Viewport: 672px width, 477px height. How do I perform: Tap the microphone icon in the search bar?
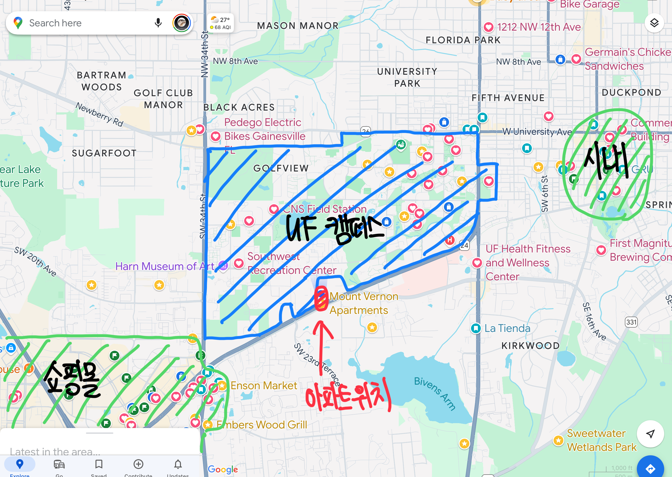click(x=158, y=23)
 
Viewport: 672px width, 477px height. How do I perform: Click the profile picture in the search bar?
click(x=181, y=23)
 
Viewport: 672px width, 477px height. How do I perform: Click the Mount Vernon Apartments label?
click(x=363, y=303)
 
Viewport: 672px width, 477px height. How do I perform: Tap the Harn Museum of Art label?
click(x=165, y=266)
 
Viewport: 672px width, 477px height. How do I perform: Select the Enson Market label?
click(x=264, y=385)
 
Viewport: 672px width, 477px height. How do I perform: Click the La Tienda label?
click(x=507, y=328)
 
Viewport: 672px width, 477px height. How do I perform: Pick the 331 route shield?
click(x=631, y=322)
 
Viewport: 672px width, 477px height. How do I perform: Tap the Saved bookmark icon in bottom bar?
click(x=99, y=464)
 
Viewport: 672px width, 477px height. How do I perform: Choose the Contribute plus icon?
click(x=138, y=464)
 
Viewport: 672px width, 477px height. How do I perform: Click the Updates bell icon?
click(x=178, y=464)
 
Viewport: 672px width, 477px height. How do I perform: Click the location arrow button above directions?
click(x=650, y=434)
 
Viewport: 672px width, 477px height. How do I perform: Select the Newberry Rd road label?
click(x=99, y=114)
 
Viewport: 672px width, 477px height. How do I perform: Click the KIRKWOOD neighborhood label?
click(x=530, y=346)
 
